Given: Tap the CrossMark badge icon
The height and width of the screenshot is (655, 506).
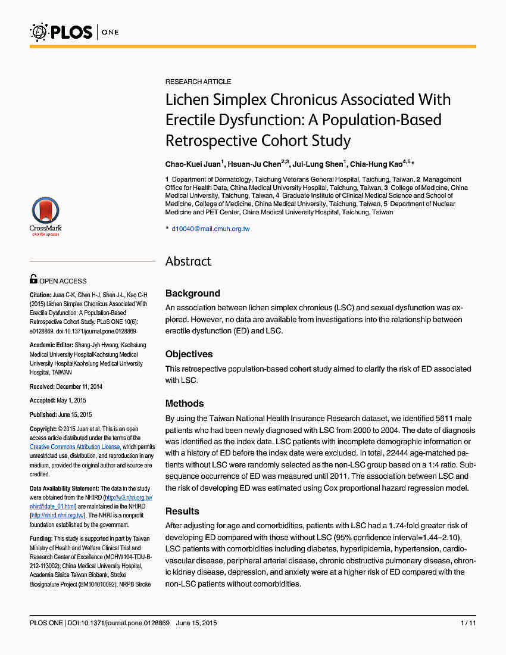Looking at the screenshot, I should pos(45,215).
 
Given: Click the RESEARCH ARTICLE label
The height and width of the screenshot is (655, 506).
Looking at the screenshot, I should pos(198,82).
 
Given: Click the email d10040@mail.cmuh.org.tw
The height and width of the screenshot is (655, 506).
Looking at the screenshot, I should pos(211,229).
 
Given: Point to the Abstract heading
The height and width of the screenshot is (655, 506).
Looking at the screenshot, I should pos(188,261).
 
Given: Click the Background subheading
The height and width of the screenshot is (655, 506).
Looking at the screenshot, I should pos(193,293).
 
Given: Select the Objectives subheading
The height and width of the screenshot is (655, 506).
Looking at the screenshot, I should pos(189,354).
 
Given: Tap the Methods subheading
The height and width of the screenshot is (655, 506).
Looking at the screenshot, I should pos(185,403).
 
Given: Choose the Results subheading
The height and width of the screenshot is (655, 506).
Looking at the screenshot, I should pos(182,511).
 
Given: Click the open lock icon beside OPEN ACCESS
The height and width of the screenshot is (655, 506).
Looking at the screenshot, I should pos(33,279).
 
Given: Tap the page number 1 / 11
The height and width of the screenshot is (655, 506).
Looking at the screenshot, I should pos(468,623).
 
